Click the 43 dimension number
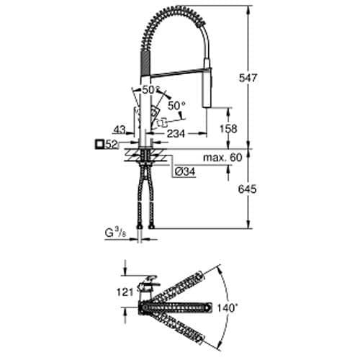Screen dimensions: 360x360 click(x=120, y=130)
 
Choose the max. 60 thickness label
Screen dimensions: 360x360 click(x=216, y=158)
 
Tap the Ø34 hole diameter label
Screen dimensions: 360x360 click(x=184, y=173)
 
